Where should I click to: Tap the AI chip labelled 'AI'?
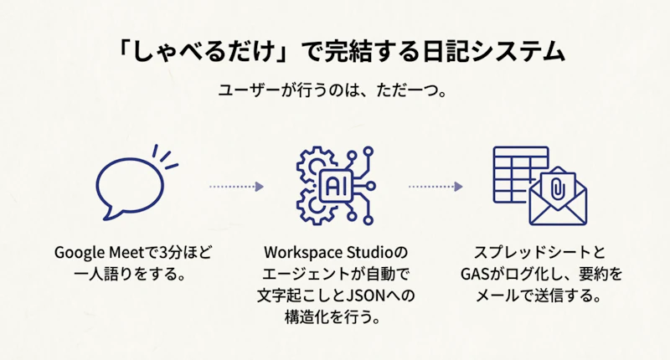[x=336, y=184]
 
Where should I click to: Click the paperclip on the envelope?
[x=558, y=186]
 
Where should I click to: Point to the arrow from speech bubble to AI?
[x=236, y=186]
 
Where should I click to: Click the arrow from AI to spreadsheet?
[x=435, y=186]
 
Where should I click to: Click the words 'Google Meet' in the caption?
[x=93, y=252]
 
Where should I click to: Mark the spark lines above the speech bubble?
[x=165, y=156]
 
